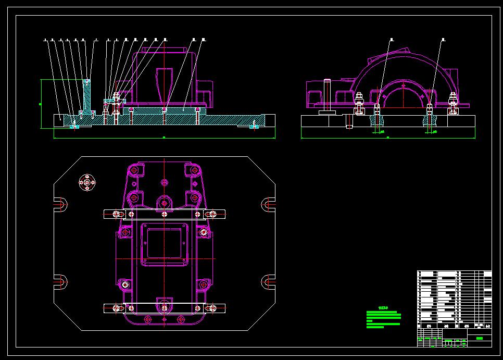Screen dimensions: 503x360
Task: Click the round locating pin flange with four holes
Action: click(x=87, y=183)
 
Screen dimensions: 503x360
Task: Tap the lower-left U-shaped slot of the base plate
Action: click(x=61, y=282)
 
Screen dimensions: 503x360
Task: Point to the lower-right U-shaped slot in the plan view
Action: click(x=268, y=282)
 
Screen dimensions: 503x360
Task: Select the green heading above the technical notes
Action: click(x=384, y=307)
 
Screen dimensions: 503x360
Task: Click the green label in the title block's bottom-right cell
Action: click(x=480, y=339)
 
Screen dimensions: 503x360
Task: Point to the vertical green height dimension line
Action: click(x=41, y=104)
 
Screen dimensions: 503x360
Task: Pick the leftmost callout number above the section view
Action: click(x=46, y=39)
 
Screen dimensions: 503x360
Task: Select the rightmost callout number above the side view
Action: click(x=443, y=39)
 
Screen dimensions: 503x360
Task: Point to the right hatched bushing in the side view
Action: click(x=429, y=119)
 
